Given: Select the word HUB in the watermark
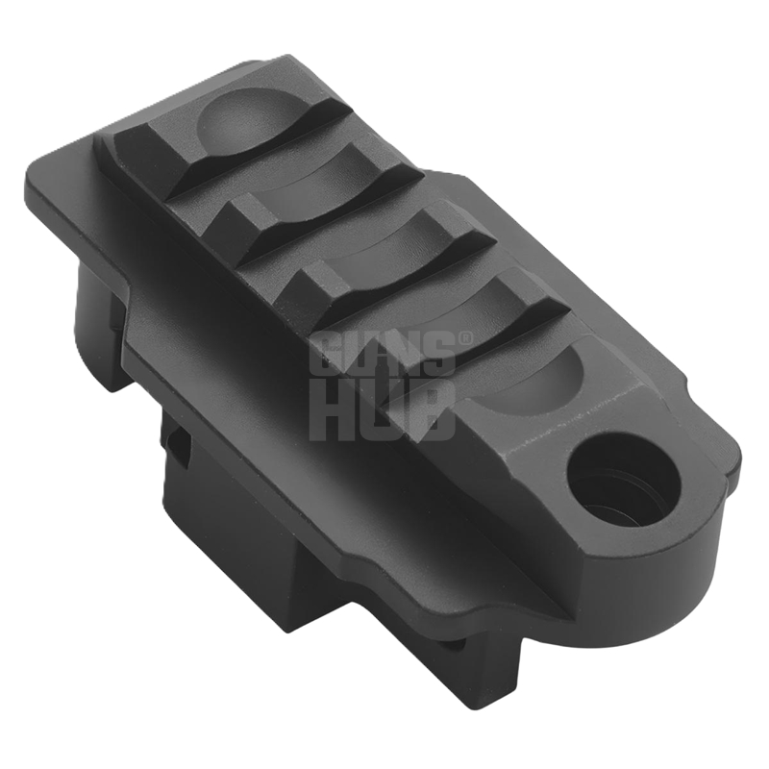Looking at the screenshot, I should click(x=383, y=411).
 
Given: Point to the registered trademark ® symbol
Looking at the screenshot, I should click(x=467, y=338).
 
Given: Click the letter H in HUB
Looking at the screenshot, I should click(x=333, y=411).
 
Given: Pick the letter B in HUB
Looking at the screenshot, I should click(x=433, y=411).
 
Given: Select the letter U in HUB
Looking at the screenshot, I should click(x=383, y=411).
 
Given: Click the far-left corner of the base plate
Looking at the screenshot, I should click(x=38, y=183).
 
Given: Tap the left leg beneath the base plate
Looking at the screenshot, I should click(x=96, y=327).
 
